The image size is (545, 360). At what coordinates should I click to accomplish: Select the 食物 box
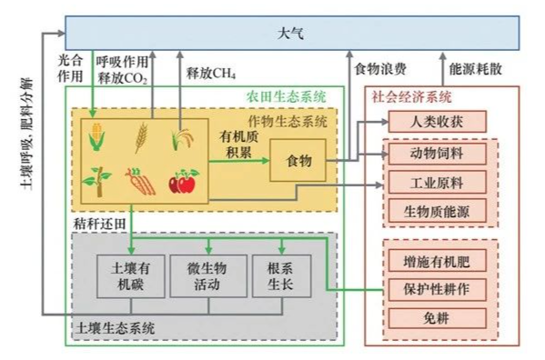pos(298,161)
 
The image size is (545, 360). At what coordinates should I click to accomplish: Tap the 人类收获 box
pos(434,121)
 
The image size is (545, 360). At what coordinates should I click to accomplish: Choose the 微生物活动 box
pos(207,275)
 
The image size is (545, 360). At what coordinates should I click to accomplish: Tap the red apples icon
pos(183,182)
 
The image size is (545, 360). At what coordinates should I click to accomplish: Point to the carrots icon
pos(138,181)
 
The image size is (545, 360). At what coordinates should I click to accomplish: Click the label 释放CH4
pos(211,72)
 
